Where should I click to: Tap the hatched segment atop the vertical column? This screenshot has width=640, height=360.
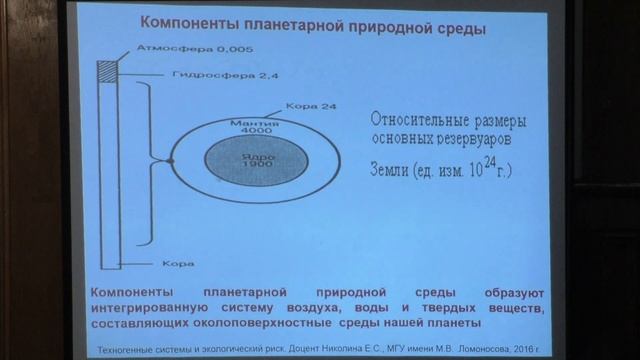(x=108, y=72)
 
